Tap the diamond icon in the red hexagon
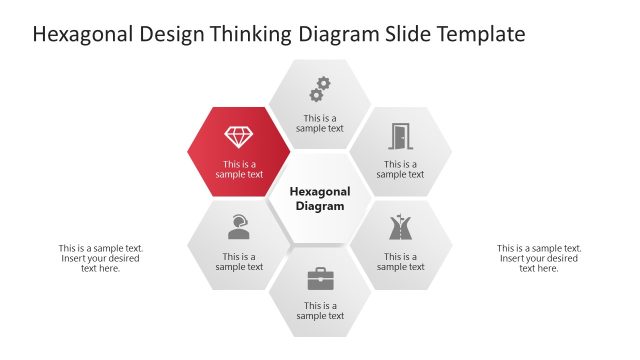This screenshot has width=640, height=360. click(239, 137)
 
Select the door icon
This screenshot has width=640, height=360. click(400, 136)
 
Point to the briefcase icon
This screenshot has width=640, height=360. click(320, 278)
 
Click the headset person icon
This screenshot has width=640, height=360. click(238, 227)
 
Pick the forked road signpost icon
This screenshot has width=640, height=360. click(400, 228)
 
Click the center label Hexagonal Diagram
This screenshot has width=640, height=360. click(320, 198)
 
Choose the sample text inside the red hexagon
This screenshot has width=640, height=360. click(239, 169)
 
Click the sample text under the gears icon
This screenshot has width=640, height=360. click(320, 122)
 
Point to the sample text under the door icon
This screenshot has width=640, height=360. click(400, 169)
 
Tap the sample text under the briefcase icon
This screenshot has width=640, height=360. click(320, 311)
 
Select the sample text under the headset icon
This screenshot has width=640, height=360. click(239, 261)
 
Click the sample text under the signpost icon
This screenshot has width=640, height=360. click(400, 261)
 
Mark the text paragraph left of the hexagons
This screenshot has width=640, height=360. click(100, 258)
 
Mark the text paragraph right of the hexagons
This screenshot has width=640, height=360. click(538, 258)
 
